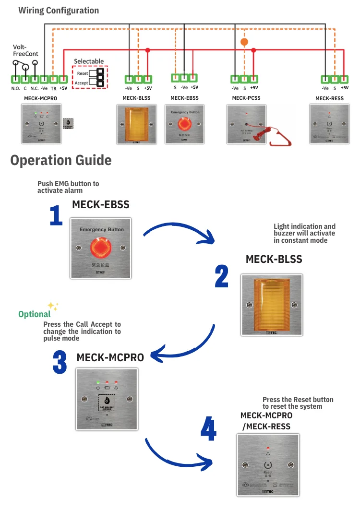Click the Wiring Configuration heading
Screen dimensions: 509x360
point(59,10)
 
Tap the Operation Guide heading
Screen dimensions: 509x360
point(61,160)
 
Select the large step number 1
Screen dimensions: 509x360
point(56,215)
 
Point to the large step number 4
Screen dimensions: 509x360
point(208,429)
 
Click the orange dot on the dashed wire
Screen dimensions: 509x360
point(244,42)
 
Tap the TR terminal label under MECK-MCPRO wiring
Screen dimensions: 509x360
point(53,88)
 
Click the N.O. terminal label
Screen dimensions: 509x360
point(15,88)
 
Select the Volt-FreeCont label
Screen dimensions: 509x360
point(25,51)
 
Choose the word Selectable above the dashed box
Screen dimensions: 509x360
point(89,61)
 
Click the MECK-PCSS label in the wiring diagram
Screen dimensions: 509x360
point(246,98)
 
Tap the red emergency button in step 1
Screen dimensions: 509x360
point(102,247)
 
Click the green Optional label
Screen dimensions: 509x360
point(34,314)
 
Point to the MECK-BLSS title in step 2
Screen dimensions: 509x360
point(274,260)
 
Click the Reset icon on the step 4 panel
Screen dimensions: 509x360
point(268,465)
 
